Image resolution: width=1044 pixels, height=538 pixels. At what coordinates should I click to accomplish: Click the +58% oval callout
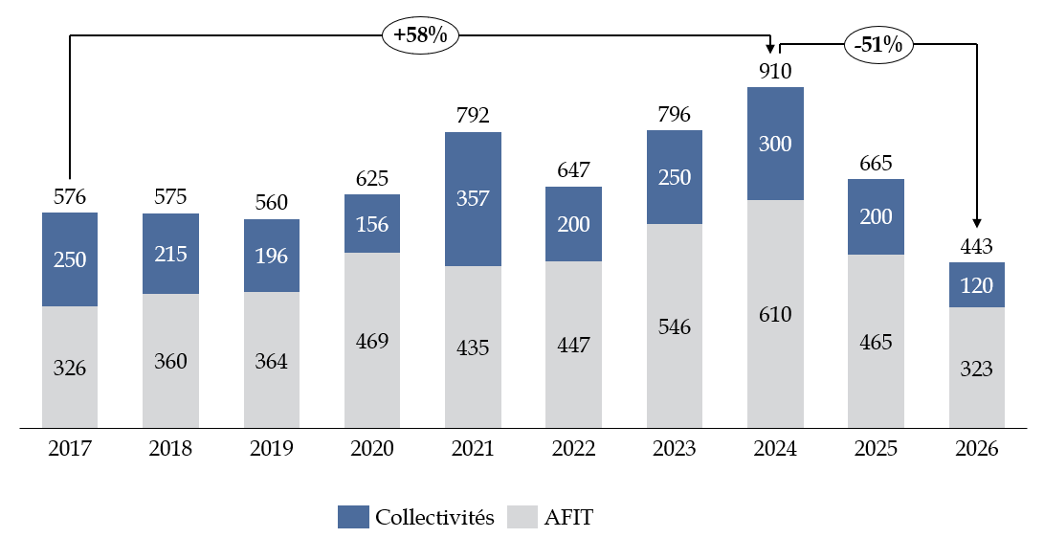[421, 35]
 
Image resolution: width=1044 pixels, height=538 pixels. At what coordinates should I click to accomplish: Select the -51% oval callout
[878, 45]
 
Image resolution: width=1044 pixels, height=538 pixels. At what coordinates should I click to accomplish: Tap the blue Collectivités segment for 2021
[473, 198]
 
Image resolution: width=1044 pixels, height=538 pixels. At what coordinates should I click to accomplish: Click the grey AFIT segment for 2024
[775, 313]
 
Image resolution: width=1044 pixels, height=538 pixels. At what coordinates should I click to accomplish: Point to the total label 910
[775, 71]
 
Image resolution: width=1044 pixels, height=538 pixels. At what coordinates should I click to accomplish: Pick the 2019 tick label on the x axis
[272, 448]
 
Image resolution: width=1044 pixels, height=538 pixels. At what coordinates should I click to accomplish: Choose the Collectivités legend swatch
[353, 518]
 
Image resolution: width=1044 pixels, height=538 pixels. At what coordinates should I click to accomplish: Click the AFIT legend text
[568, 518]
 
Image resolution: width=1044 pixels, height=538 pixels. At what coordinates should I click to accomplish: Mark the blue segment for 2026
[976, 284]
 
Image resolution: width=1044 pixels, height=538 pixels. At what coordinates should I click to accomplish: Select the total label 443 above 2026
[976, 246]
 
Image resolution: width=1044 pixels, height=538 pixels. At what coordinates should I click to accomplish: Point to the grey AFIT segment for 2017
[70, 367]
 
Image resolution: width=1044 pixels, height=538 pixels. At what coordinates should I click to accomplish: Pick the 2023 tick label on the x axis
[675, 448]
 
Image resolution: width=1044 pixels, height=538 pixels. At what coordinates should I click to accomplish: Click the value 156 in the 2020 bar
[372, 223]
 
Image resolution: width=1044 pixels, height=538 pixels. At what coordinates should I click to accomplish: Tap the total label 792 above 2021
[473, 116]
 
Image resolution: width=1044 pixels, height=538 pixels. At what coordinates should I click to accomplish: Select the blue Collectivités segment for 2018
[171, 254]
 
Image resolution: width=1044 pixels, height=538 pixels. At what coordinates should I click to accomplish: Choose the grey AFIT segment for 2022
[573, 344]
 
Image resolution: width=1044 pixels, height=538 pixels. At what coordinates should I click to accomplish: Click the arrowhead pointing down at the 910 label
[770, 49]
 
